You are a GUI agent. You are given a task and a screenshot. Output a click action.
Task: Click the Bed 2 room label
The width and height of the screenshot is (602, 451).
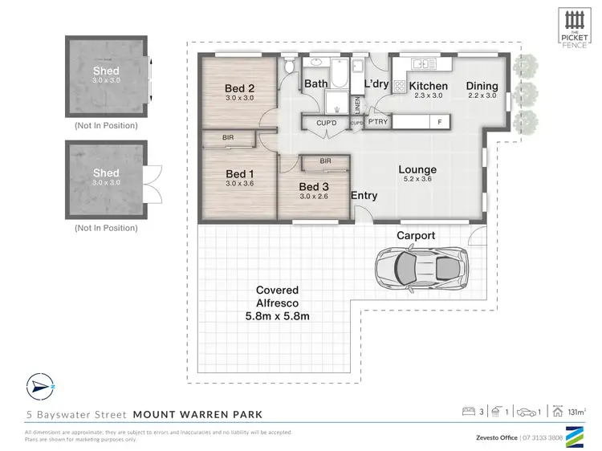[239, 88]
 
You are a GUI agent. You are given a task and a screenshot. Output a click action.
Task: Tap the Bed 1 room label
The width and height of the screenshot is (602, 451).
[239, 174]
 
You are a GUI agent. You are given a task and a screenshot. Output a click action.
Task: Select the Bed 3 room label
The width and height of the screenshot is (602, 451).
[314, 186]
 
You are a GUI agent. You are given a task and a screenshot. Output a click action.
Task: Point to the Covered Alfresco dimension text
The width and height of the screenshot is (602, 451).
[277, 316]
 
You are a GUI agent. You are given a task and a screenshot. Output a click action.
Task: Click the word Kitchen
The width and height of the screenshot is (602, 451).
[428, 86]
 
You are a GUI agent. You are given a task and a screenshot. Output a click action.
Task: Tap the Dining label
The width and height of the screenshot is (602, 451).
[483, 86]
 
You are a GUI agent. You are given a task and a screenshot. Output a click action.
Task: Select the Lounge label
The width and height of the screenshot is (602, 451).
[417, 169]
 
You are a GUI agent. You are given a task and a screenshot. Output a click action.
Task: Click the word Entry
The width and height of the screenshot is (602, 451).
[364, 196]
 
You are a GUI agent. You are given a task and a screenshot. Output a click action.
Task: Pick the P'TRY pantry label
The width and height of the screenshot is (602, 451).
[378, 122]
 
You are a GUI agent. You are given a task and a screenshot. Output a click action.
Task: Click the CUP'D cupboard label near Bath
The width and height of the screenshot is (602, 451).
[326, 123]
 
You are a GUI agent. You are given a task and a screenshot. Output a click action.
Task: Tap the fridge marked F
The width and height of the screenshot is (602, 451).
[439, 122]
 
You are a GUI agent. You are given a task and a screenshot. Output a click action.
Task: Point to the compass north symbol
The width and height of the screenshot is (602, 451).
[39, 386]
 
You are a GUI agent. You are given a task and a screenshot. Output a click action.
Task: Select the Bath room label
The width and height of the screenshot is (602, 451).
[313, 83]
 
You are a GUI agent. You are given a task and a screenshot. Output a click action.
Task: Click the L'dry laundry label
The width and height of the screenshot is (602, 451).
[377, 83]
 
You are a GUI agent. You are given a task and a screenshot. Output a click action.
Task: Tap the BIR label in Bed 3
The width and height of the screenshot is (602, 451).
[325, 161]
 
